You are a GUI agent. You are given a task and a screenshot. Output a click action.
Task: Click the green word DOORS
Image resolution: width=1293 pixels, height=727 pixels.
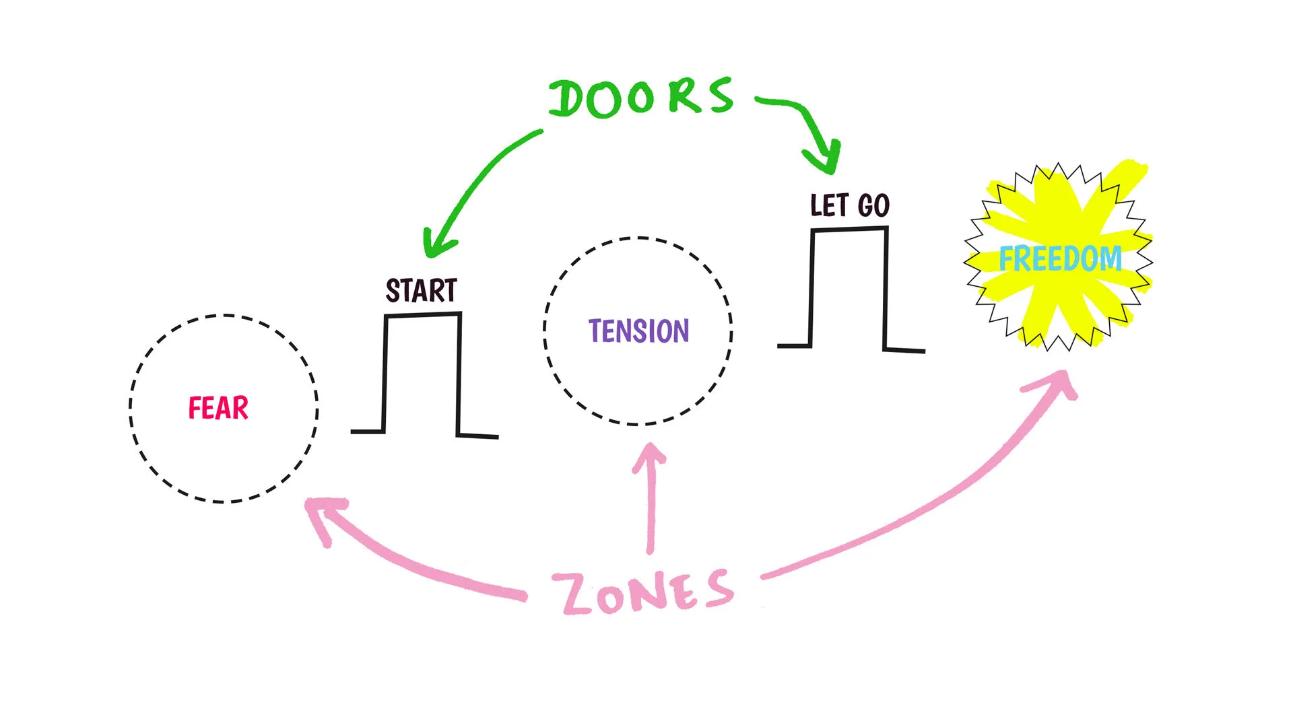point(640,98)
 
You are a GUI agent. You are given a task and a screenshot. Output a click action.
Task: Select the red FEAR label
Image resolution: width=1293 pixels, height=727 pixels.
point(218,409)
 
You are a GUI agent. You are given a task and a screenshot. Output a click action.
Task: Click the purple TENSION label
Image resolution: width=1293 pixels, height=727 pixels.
point(638,331)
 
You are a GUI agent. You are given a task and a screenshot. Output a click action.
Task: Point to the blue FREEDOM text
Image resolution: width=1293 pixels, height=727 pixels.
point(1060,259)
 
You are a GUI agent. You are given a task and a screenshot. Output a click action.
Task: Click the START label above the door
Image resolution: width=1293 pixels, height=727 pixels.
point(422,291)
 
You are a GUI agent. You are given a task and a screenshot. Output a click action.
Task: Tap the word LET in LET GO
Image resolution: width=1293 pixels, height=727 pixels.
point(829,205)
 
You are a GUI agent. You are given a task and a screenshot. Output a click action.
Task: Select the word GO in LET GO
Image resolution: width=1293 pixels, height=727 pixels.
point(874,205)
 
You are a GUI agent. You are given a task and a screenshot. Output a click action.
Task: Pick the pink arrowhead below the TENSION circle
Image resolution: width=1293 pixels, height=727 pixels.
point(650,454)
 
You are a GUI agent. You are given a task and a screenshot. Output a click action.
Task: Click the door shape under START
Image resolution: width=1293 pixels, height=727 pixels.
point(422,374)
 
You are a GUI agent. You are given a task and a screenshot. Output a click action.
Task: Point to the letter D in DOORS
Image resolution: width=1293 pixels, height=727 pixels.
point(568,100)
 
